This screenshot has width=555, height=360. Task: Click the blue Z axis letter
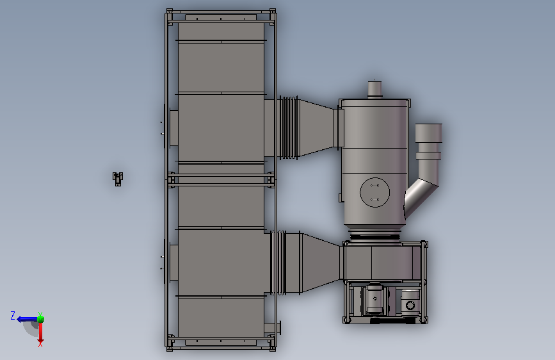click(x=13, y=316)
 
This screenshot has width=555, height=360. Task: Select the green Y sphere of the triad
click(x=41, y=319)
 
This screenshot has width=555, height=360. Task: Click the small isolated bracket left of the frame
click(x=118, y=179)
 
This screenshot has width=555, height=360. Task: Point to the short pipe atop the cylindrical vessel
click(x=374, y=89)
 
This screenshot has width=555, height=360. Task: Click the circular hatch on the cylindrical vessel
click(x=375, y=192)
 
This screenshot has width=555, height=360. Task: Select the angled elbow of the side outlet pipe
click(x=421, y=197)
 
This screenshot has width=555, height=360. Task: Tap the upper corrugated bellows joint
click(x=289, y=127)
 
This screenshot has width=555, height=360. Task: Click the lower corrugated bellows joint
click(x=278, y=263)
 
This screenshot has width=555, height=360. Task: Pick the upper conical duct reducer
click(x=316, y=127)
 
